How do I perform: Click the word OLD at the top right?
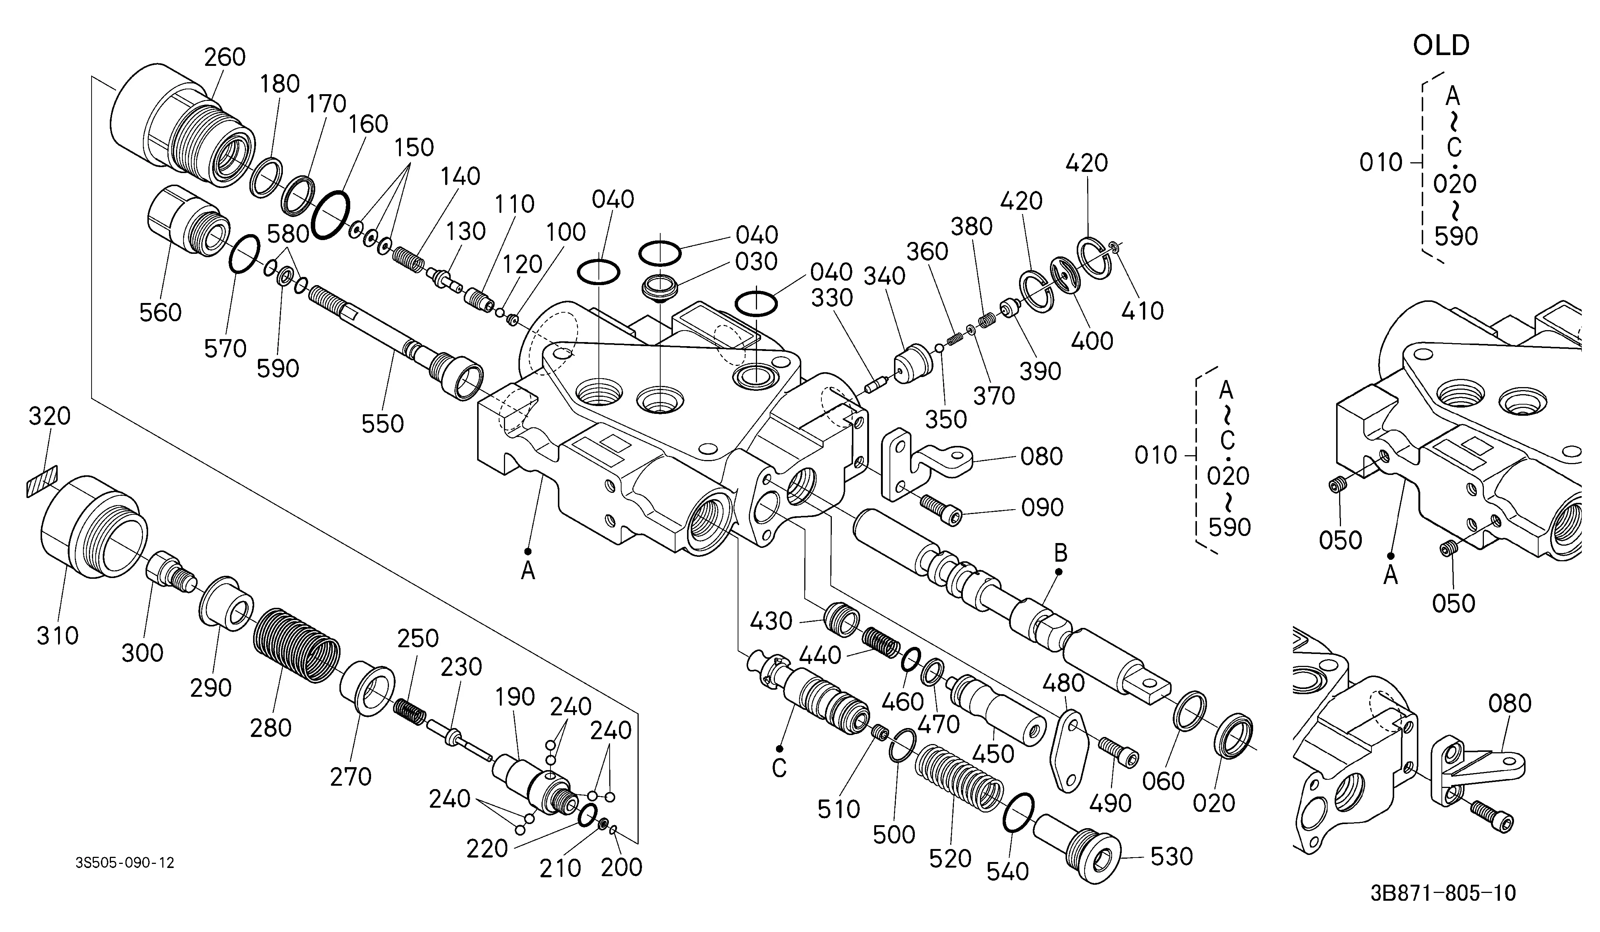point(1441,46)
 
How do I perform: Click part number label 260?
point(225,57)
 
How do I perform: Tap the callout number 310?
point(58,635)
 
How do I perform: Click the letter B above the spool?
point(1060,553)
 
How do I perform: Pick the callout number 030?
point(757,262)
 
